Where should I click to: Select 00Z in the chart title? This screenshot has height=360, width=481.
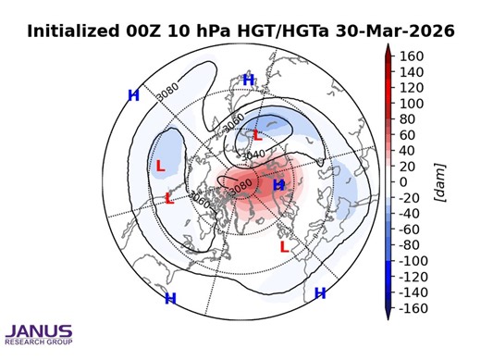[148, 31]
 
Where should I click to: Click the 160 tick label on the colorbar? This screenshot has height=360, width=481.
[410, 56]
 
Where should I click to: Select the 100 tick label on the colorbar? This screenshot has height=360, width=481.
[410, 103]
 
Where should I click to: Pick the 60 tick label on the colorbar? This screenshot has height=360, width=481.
[406, 134]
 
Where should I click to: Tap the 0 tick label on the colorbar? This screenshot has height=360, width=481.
[402, 181]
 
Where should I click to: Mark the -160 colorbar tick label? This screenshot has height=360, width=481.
[413, 308]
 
